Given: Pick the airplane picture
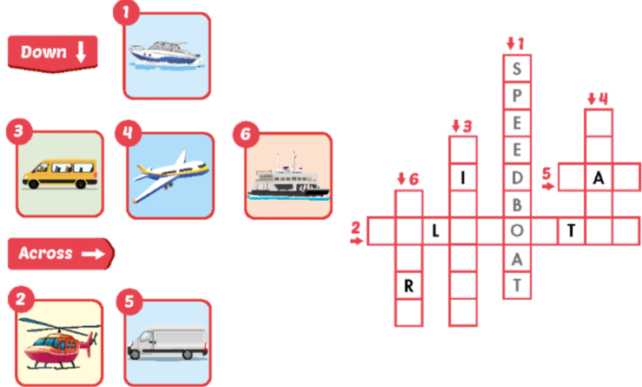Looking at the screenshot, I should coord(170,175).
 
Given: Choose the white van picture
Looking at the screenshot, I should coord(168,343).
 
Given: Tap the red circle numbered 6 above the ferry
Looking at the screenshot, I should coord(247,133).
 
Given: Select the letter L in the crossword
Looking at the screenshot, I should coord(435,231).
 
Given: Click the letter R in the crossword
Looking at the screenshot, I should coord(408,285).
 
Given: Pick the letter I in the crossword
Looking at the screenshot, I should coord(463,177).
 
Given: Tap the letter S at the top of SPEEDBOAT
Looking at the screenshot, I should coord(517,69).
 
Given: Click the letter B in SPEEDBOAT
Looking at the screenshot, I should coord(517,204).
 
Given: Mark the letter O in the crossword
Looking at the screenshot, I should coord(517,231).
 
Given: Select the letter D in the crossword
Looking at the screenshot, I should coord(517,177).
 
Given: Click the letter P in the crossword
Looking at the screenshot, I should coord(517,96).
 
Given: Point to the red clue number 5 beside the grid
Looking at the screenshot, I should coord(546,171).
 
